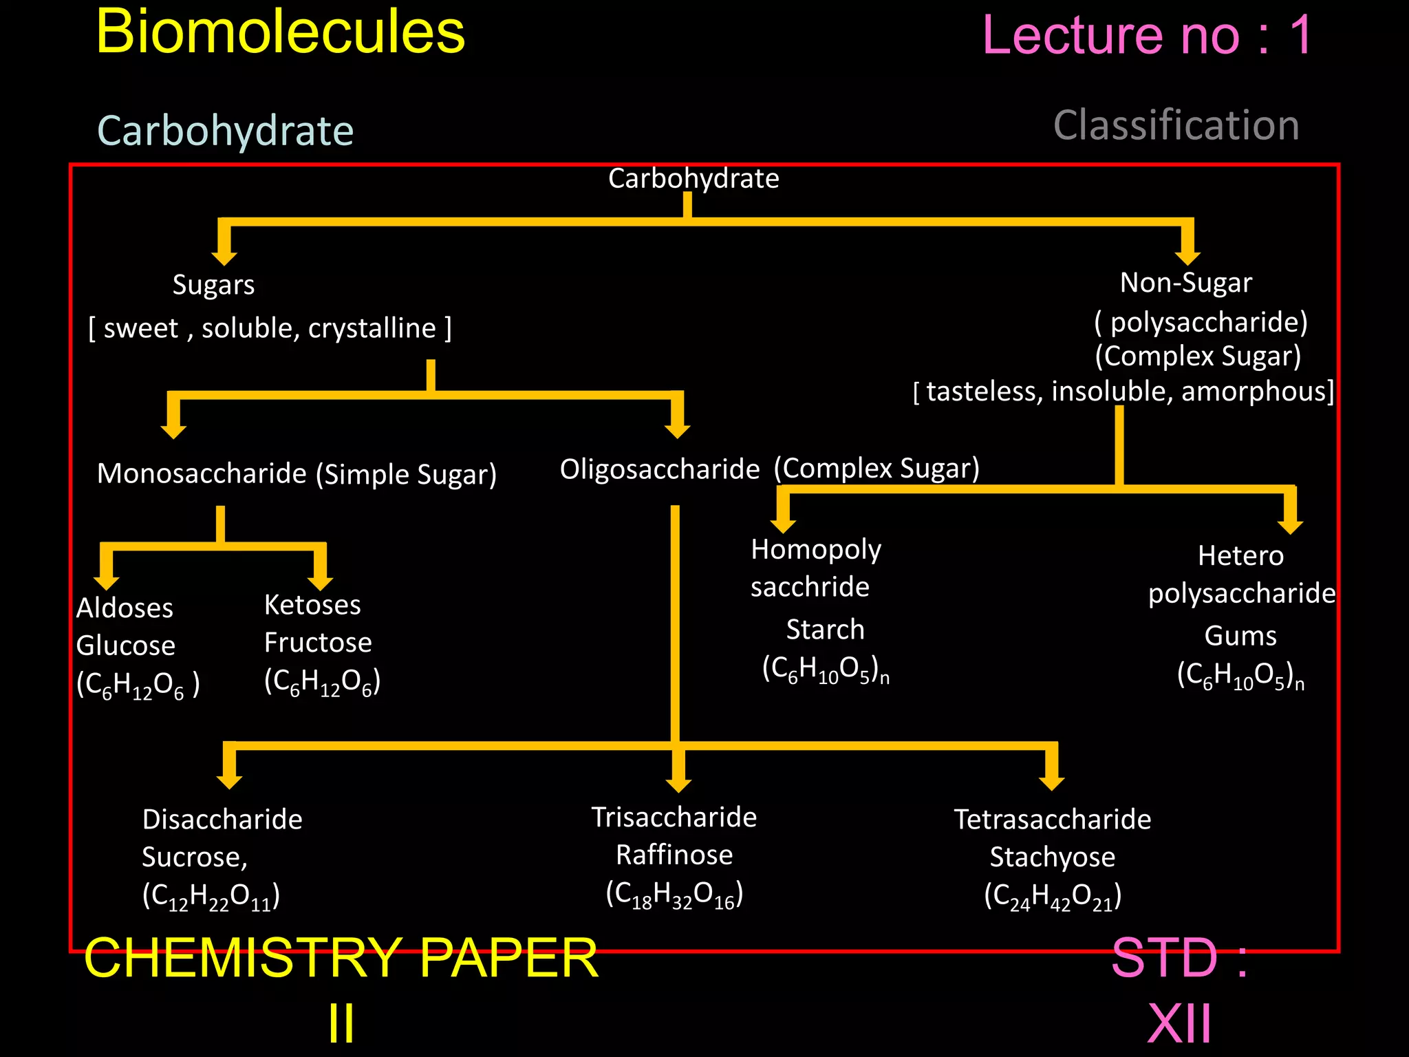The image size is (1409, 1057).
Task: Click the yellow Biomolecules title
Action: pyautogui.click(x=281, y=33)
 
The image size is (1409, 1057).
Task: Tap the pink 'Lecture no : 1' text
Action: pyautogui.click(x=1148, y=36)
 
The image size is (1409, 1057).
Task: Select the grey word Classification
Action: pyautogui.click(x=1176, y=126)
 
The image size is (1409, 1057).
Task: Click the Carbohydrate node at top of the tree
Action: pyautogui.click(x=693, y=179)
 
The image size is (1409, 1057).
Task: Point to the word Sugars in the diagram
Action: pyautogui.click(x=213, y=285)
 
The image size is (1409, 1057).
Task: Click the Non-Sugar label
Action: pyautogui.click(x=1185, y=283)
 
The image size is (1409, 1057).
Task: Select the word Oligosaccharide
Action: pyautogui.click(x=659, y=469)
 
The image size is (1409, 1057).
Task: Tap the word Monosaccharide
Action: pyautogui.click(x=202, y=473)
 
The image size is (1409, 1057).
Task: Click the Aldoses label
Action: pyautogui.click(x=125, y=608)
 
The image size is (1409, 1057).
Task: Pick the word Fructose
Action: pyautogui.click(x=318, y=643)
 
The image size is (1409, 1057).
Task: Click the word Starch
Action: pyautogui.click(x=825, y=630)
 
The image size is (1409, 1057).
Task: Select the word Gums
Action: pyautogui.click(x=1240, y=636)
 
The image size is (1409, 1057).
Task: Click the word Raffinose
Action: pyautogui.click(x=674, y=855)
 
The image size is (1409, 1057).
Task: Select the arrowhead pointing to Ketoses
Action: pyautogui.click(x=321, y=581)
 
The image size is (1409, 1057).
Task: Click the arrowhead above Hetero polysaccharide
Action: pyautogui.click(x=1290, y=525)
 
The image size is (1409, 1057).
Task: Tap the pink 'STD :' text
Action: pyautogui.click(x=1179, y=958)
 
